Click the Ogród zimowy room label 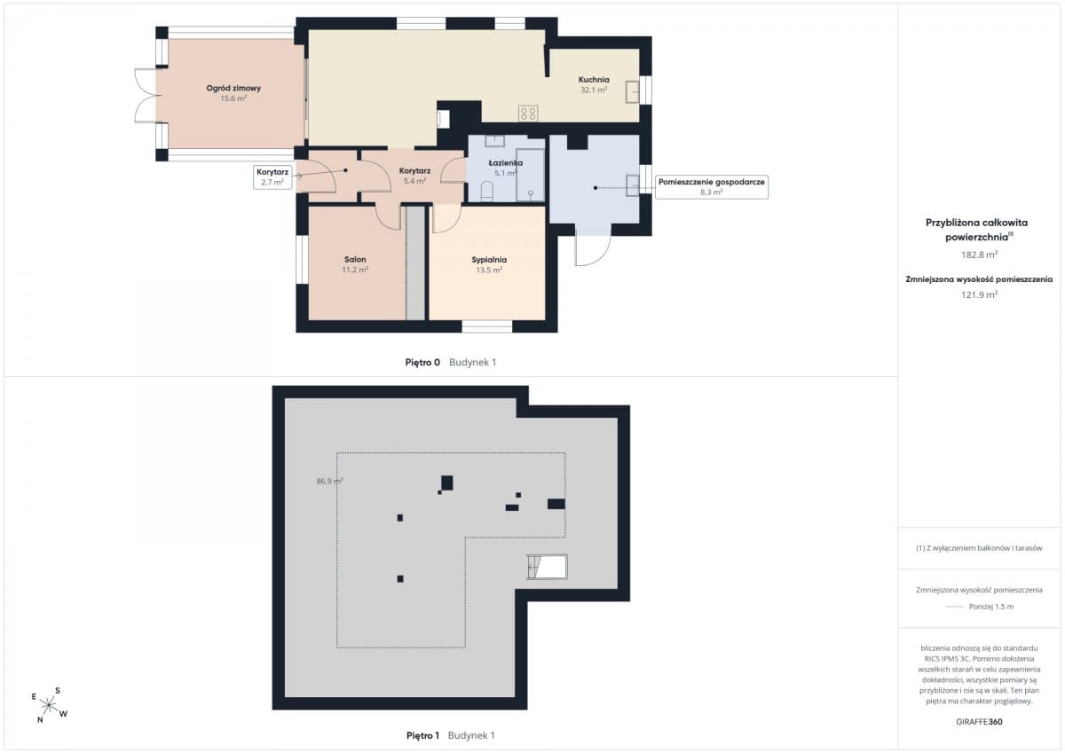coord(233,89)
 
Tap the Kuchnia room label coord(594,80)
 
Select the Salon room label coord(355,259)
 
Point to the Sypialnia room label coord(489,260)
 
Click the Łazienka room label coord(505,163)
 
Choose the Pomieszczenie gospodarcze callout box coord(711,187)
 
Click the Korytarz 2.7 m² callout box coord(272,176)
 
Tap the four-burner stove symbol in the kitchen coord(528,114)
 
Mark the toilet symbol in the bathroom coord(487,191)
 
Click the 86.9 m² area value coord(329,482)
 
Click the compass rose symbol coord(50,706)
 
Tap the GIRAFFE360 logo coord(979,722)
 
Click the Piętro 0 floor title coord(422,363)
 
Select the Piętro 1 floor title coord(422,735)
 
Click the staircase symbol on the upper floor coord(547,567)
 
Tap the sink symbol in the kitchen coord(632,92)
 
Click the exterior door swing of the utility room coord(593,249)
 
